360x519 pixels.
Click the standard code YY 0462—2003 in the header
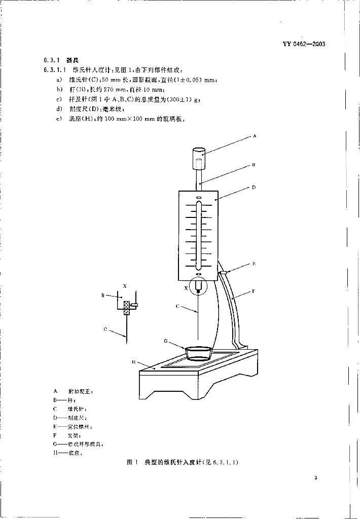coord(304,44)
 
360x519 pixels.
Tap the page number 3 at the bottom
coord(316,477)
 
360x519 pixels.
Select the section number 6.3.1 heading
coord(52,60)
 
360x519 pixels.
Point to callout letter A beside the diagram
coord(255,136)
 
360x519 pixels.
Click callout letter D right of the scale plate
coord(254,187)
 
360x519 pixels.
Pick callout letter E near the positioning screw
coord(254,264)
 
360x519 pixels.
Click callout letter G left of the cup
coord(165,341)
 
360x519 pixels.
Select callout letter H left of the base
coord(133,362)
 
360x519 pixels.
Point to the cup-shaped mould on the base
coord(198,352)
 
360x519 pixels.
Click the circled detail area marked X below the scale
coord(198,288)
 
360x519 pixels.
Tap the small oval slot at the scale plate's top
coord(199,197)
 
